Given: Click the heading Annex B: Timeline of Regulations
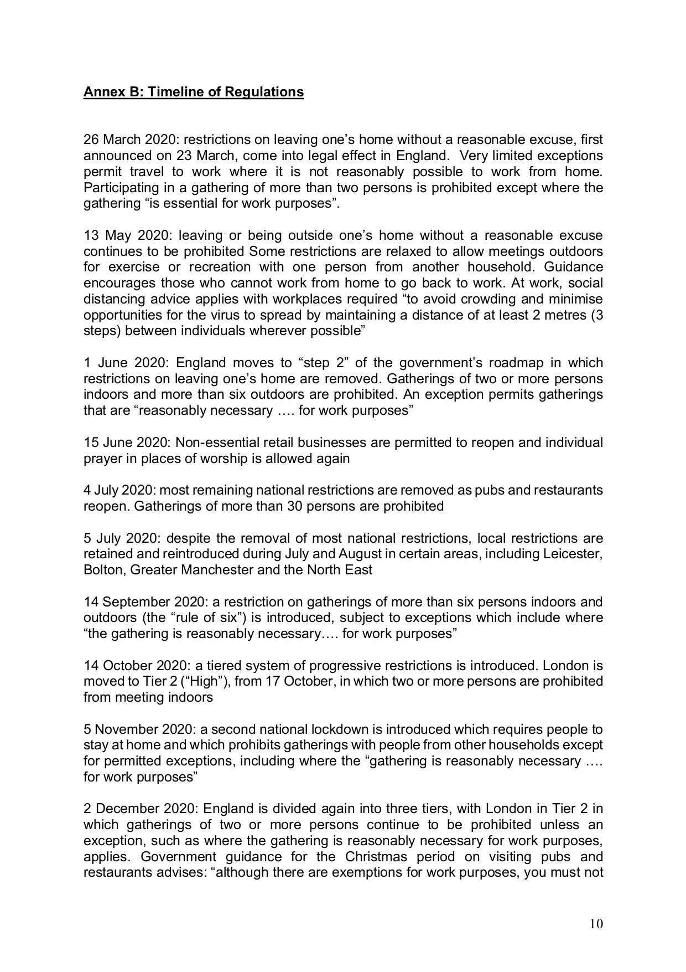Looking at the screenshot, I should click(x=193, y=92).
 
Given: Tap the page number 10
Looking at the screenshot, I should click(x=596, y=924).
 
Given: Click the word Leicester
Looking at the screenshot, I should click(x=573, y=554).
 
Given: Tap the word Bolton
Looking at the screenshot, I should click(x=103, y=570).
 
